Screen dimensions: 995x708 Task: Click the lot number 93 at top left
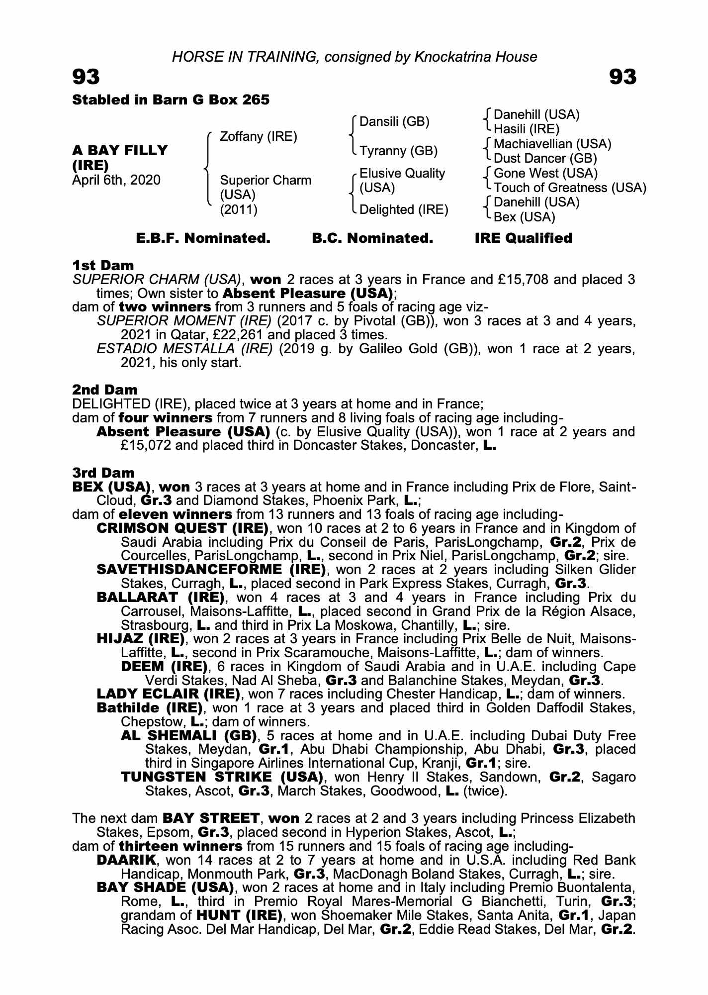click(x=86, y=77)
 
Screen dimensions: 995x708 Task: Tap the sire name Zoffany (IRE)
click(x=258, y=136)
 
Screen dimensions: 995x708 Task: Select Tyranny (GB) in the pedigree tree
click(x=398, y=151)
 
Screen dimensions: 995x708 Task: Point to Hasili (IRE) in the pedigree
click(x=527, y=129)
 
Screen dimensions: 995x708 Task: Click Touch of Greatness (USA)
click(x=570, y=188)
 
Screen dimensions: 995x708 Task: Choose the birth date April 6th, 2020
click(x=116, y=180)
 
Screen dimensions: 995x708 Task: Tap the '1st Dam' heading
click(x=103, y=265)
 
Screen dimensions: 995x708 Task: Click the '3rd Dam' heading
click(x=103, y=472)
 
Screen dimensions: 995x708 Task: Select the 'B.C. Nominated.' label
click(x=372, y=238)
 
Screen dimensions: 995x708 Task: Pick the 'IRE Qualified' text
click(x=523, y=238)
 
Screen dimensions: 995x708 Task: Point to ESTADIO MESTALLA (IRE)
click(x=184, y=349)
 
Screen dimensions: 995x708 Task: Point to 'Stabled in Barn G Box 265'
click(x=171, y=100)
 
